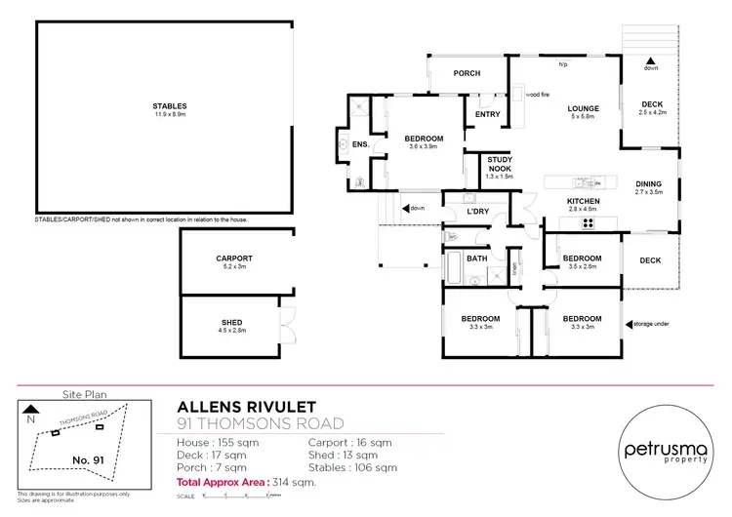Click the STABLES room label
[x=169, y=105]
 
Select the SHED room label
[x=231, y=322]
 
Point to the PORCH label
[x=468, y=74]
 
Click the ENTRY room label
[x=487, y=114]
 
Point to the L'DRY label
[x=477, y=212]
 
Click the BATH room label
[x=477, y=258]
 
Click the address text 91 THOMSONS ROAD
[x=261, y=422]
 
